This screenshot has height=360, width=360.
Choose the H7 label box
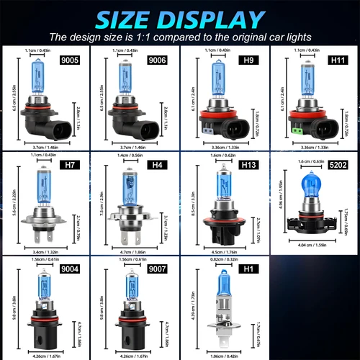click(70, 166)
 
